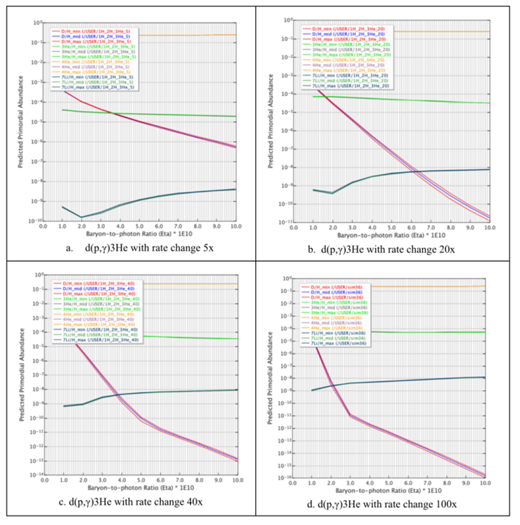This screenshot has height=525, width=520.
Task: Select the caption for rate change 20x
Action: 388,249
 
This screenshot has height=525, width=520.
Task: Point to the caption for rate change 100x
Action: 387,504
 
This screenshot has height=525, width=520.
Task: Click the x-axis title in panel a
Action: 140,233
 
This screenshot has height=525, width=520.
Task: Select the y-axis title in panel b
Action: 271,121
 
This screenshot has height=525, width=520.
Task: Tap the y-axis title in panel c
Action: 22,375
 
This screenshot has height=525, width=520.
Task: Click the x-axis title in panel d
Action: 388,490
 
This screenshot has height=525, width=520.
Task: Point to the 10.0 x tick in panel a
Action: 236,226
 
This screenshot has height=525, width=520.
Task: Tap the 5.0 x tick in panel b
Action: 392,227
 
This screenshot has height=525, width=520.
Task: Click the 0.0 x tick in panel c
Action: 44,480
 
